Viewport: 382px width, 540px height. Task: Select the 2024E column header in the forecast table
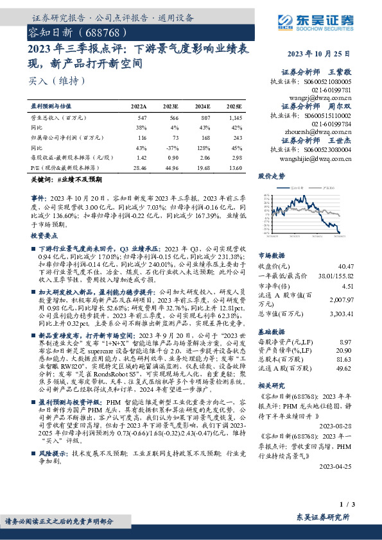(203, 106)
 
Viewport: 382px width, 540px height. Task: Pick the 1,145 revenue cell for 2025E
(234, 119)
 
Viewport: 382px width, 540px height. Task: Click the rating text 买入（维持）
(49, 81)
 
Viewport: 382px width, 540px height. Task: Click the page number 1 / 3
(360, 506)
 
